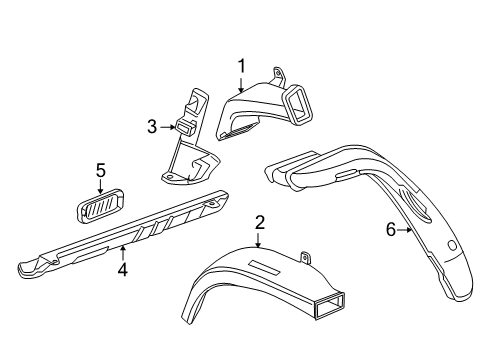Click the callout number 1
[x=240, y=66]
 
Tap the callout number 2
[x=259, y=221]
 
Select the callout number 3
[x=153, y=127]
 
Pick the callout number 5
[x=101, y=170]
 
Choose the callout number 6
[x=391, y=230]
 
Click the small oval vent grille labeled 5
[x=100, y=205]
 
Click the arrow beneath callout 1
[x=240, y=85]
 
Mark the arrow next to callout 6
[x=405, y=230]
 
